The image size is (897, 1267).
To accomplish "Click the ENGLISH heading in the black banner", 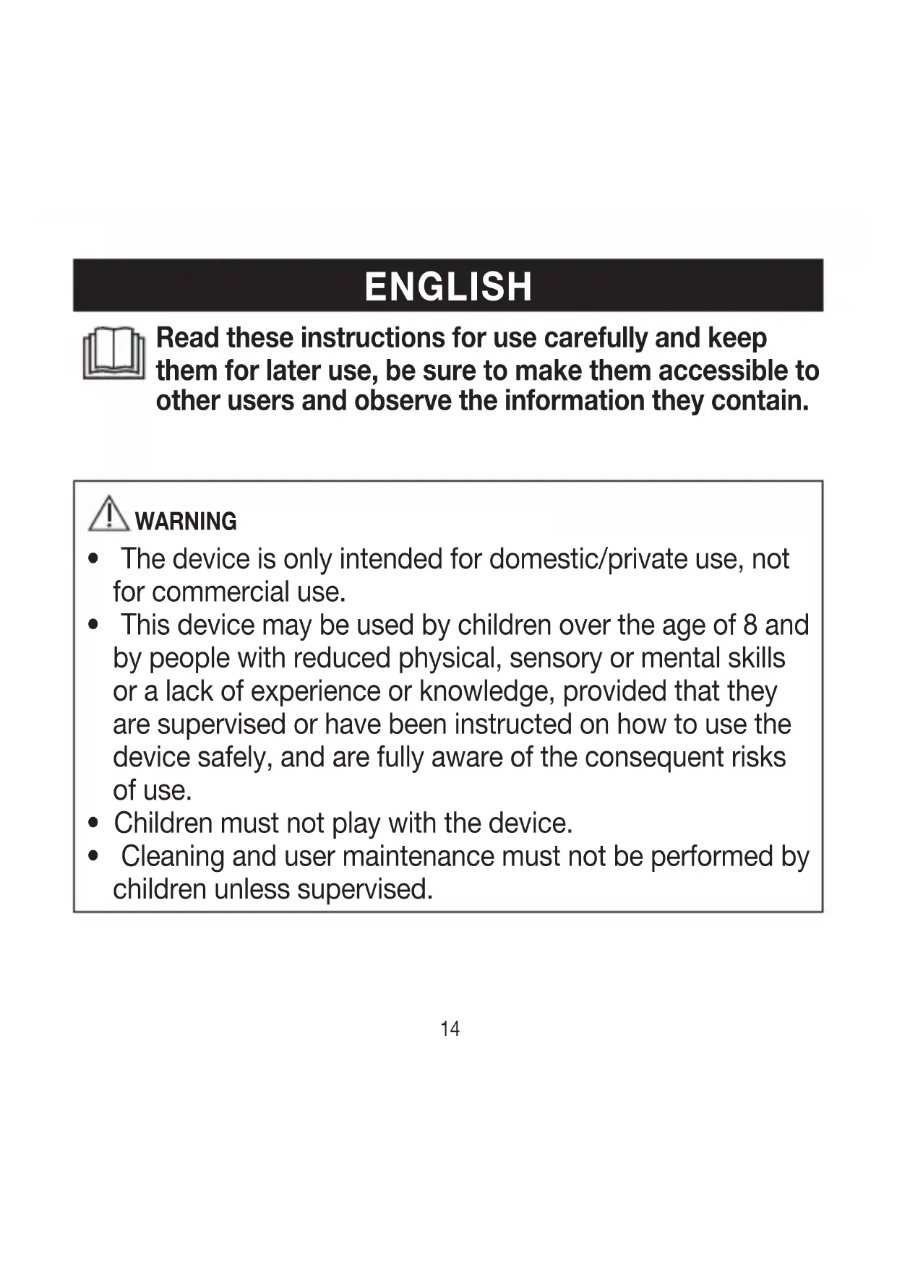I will click(448, 287).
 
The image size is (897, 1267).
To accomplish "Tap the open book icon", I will click(113, 354).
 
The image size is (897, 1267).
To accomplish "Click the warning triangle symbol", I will click(108, 514).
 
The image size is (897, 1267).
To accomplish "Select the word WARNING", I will click(186, 522).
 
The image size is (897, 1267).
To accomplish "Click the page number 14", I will click(450, 1029).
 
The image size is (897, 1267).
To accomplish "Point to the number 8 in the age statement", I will click(750, 626).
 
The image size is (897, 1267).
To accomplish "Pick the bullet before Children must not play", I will click(93, 823).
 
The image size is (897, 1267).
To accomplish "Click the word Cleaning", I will click(173, 857).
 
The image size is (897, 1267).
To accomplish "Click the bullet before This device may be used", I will click(93, 626).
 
